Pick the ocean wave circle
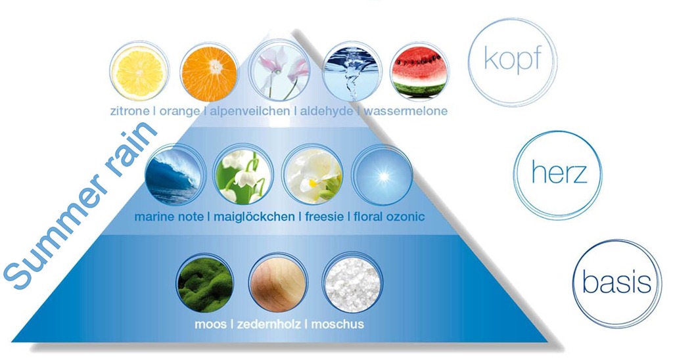pos(174,175)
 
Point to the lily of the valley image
pos(243,175)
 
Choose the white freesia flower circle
pos(312,175)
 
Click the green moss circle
pos(206,282)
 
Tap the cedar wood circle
pos(279,282)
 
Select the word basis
pos(616,283)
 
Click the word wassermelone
pos(406,111)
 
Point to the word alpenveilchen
pos(249,112)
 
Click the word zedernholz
pos(268,323)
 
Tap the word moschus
pos(337,323)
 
